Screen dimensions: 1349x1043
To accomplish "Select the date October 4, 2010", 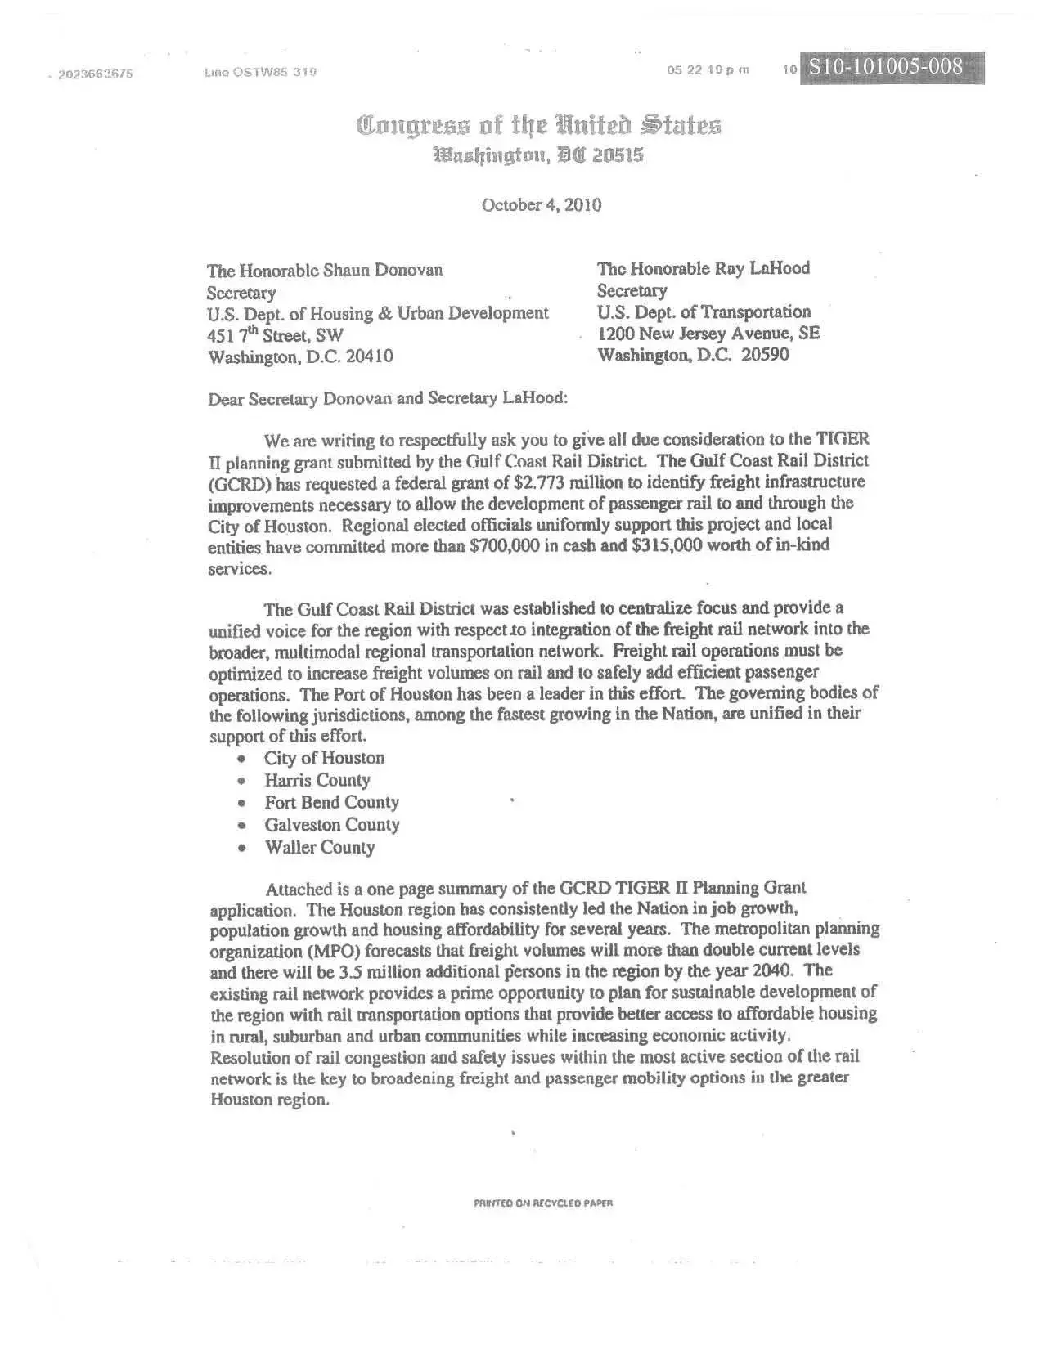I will pos(542,205).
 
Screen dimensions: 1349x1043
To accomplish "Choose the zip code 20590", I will pos(765,355).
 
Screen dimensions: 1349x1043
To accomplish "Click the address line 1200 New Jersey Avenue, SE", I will pos(708,334).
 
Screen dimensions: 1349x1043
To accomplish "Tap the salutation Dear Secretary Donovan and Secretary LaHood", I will pos(387,399).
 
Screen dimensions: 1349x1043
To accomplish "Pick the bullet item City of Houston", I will pos(324,759).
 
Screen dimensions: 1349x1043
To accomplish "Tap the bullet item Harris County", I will pos(317,781).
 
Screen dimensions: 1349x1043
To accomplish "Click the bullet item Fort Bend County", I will pos(331,803).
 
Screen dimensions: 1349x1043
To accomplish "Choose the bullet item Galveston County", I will pos(331,825).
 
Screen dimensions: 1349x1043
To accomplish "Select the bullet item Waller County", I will pos(319,848).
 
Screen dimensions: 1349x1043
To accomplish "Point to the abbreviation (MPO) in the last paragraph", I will pos(330,952).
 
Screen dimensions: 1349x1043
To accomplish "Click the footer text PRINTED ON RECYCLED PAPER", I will pos(543,1203).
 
